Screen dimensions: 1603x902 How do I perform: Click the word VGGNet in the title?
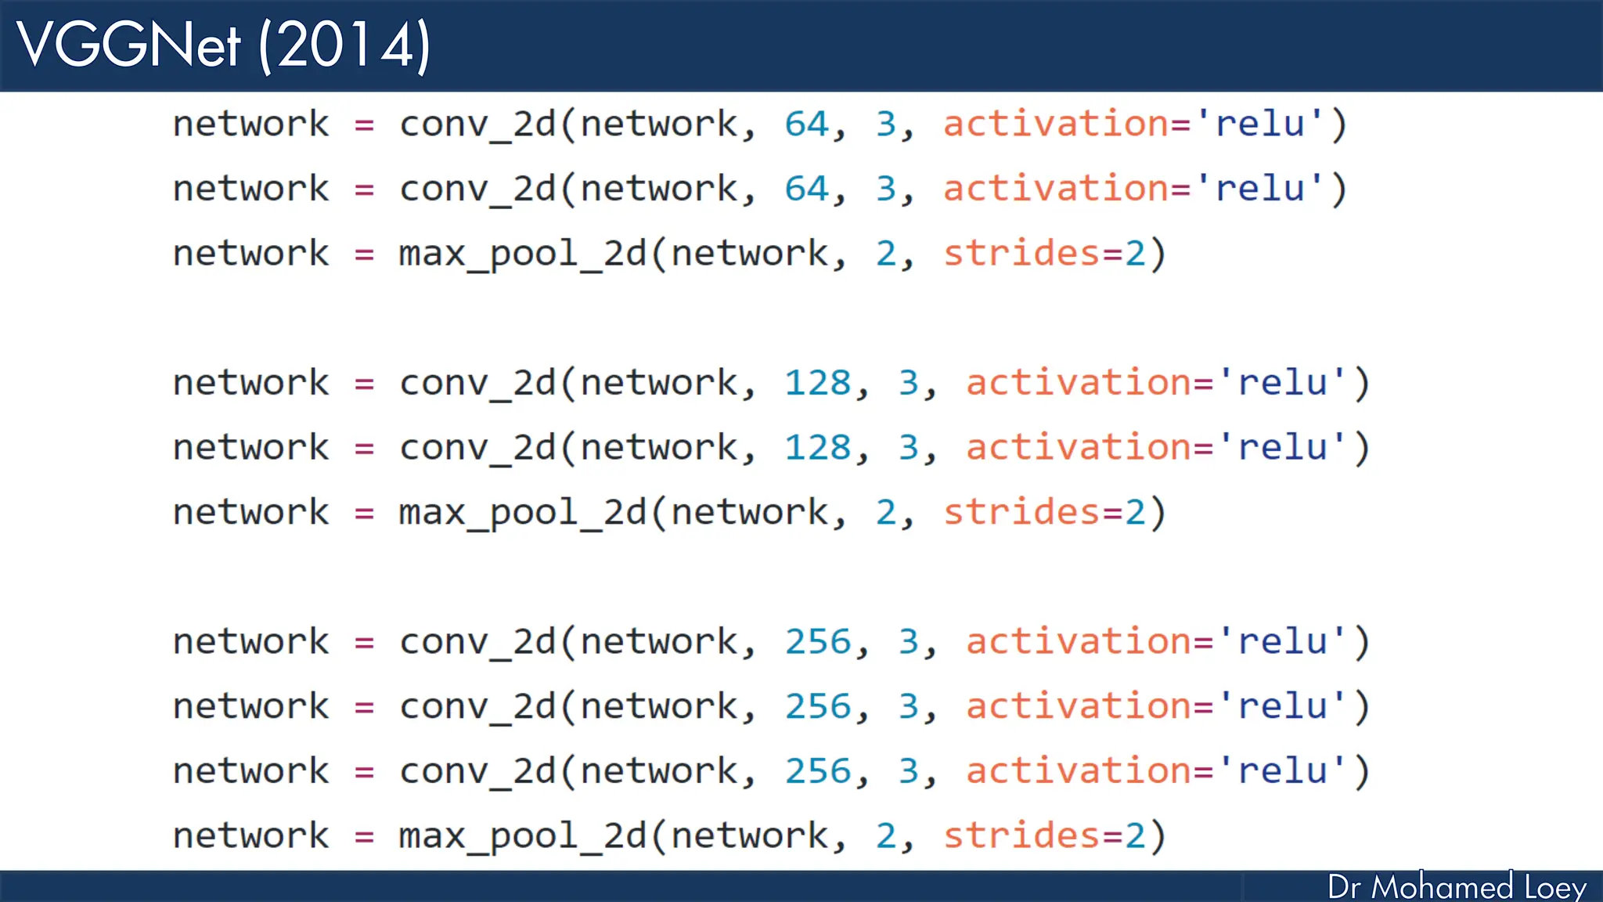coord(128,45)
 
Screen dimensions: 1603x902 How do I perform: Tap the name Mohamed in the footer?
coord(1442,887)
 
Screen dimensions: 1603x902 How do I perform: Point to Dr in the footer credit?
coord(1344,887)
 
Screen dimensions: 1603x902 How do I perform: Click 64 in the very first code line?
coord(806,124)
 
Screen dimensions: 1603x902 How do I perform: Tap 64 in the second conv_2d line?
coord(806,189)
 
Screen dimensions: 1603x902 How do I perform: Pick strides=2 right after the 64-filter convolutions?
coord(1044,254)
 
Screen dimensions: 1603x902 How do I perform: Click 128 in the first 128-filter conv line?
coord(817,384)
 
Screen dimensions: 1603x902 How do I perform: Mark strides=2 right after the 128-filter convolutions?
coord(1044,513)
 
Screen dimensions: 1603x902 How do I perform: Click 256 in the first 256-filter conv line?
coord(817,643)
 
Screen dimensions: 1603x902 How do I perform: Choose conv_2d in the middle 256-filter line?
coord(477,707)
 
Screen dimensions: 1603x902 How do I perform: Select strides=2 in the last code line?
coord(1044,836)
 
